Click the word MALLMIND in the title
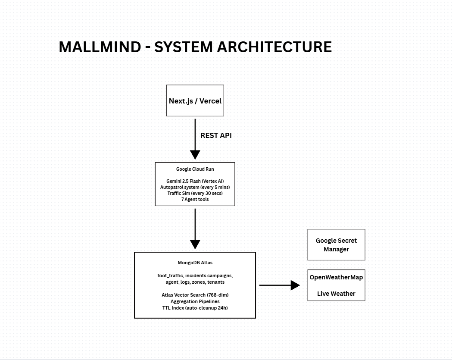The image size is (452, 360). click(x=100, y=47)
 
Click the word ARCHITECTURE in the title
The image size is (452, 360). click(x=274, y=47)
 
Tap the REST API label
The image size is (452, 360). click(x=216, y=135)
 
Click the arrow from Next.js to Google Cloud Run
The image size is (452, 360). click(x=195, y=139)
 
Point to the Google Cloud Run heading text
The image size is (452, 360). click(x=195, y=169)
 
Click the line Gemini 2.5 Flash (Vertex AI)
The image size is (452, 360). click(x=195, y=181)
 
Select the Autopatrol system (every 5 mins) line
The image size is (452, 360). click(x=195, y=187)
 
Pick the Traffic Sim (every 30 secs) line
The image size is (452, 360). click(x=195, y=193)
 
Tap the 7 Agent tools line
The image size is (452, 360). click(x=195, y=199)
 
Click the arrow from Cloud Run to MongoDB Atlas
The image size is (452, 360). click(x=195, y=229)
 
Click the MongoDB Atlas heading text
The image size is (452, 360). click(x=195, y=263)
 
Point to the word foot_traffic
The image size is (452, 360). click(x=170, y=276)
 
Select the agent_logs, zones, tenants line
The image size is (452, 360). click(x=195, y=282)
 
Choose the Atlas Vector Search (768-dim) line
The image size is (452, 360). click(x=195, y=295)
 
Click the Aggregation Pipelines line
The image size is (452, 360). click(x=195, y=301)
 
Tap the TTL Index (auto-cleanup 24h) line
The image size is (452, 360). click(x=195, y=308)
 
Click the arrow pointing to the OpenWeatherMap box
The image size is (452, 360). click(x=280, y=285)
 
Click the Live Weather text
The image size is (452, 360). click(x=337, y=294)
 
